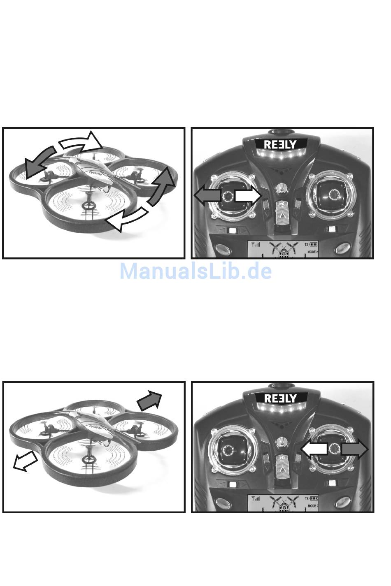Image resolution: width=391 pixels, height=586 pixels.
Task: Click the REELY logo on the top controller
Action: (x=280, y=144)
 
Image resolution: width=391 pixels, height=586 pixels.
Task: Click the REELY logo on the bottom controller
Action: (x=280, y=398)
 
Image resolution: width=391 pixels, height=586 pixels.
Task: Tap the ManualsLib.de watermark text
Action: (x=195, y=271)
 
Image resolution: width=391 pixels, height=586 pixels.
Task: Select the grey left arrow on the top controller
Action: (x=207, y=195)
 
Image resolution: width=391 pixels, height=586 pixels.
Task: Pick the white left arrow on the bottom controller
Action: (x=314, y=449)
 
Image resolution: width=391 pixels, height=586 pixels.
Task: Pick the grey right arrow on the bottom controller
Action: (x=355, y=449)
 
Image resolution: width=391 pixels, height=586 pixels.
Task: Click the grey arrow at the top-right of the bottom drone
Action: (x=149, y=400)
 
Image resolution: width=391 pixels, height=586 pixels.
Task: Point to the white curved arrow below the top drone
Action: (x=128, y=219)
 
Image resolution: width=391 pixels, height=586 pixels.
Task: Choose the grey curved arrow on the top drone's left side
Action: (x=39, y=162)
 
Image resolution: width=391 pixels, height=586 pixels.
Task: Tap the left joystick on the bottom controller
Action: (x=228, y=449)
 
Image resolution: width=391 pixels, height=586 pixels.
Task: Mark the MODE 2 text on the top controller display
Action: (x=312, y=252)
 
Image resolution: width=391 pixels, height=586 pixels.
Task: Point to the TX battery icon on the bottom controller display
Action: (x=314, y=498)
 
